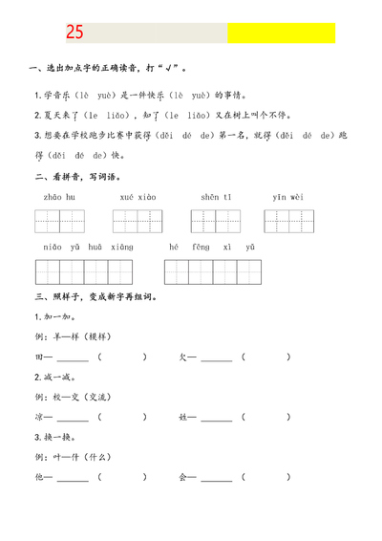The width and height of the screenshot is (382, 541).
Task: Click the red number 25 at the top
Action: point(75,33)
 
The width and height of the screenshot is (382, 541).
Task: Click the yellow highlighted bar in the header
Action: point(281,33)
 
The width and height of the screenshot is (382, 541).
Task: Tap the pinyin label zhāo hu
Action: point(59,198)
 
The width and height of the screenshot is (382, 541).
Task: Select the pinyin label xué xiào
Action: point(138,198)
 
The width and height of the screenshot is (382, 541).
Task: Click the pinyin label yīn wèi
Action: point(288,198)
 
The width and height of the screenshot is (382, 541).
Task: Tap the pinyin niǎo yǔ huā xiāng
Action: point(87,249)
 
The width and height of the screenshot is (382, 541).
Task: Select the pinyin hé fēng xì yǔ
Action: point(213,249)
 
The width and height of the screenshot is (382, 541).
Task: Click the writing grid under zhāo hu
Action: point(59,222)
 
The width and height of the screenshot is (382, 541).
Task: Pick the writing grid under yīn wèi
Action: point(288,222)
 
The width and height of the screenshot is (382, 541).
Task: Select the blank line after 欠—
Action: point(217,359)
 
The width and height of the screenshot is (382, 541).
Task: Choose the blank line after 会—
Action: point(217,477)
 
